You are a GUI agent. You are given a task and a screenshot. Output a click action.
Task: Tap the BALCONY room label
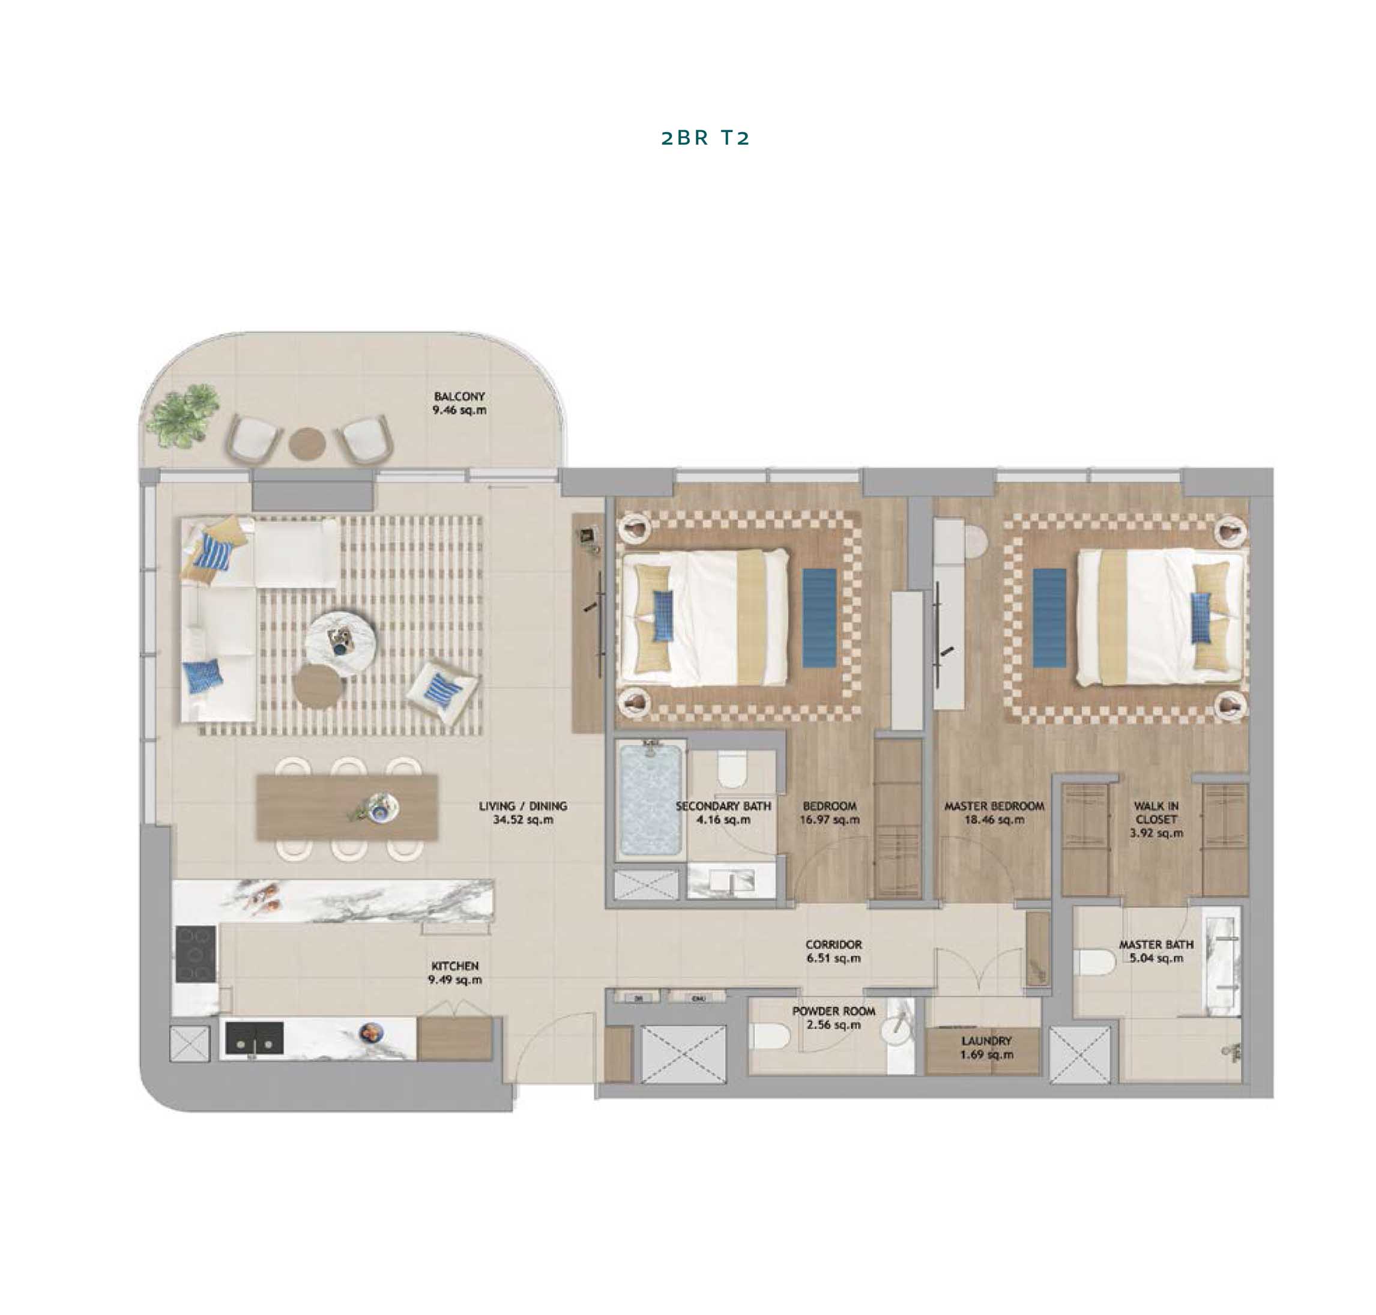pyautogui.click(x=459, y=396)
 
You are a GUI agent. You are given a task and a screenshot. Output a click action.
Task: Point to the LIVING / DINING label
pyautogui.click(x=523, y=806)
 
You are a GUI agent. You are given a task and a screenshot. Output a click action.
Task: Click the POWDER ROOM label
pyautogui.click(x=833, y=1012)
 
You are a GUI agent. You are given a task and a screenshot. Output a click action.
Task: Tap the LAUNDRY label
pyautogui.click(x=986, y=1041)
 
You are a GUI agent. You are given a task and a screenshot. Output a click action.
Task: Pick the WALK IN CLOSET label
pyautogui.click(x=1156, y=812)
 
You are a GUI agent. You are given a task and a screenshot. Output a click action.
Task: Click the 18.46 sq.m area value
pyautogui.click(x=994, y=820)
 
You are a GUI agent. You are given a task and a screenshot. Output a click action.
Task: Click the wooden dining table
pyautogui.click(x=347, y=808)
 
